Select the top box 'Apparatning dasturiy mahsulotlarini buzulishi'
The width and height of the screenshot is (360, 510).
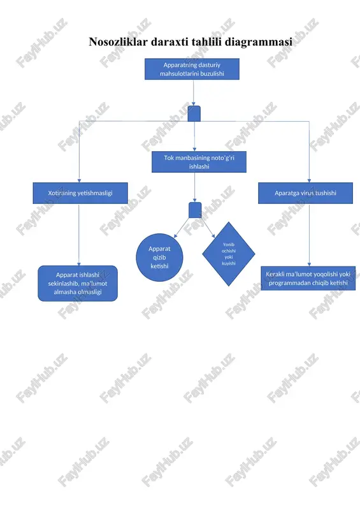coord(192,69)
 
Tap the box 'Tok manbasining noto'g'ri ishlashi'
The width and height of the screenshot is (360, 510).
coord(199,162)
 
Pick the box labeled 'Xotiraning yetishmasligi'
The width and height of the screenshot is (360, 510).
coord(80,193)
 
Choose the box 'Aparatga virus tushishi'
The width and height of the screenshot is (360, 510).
coord(305,193)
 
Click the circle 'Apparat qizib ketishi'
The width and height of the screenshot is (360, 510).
coord(159,258)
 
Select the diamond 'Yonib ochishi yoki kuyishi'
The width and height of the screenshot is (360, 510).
coord(229,254)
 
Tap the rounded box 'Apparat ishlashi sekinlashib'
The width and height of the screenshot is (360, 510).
coord(78,283)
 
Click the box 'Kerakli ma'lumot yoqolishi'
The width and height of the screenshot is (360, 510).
coord(308,279)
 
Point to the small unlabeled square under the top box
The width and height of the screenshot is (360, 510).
coord(194,113)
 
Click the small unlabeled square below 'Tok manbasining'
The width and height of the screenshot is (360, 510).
coord(195,210)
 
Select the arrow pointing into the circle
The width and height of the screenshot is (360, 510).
coord(182,228)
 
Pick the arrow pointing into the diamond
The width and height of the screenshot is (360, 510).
coord(208,228)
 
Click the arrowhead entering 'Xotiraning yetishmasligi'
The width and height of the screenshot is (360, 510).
coord(79,180)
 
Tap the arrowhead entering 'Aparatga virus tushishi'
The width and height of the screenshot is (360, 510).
coord(309,180)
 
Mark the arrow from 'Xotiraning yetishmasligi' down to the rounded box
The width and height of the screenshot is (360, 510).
coord(79,235)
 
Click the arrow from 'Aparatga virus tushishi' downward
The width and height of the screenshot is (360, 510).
coord(309,235)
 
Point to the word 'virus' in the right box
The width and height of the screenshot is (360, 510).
coord(307,193)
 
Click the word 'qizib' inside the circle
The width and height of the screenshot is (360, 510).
coord(159,258)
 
